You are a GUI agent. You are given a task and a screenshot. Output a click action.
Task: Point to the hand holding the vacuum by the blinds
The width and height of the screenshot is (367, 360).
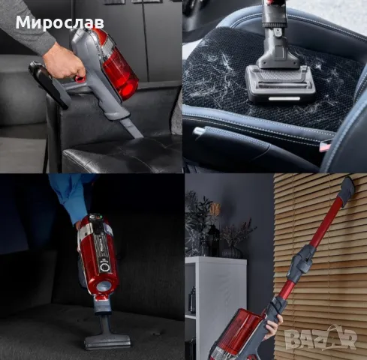pos(269,330)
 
